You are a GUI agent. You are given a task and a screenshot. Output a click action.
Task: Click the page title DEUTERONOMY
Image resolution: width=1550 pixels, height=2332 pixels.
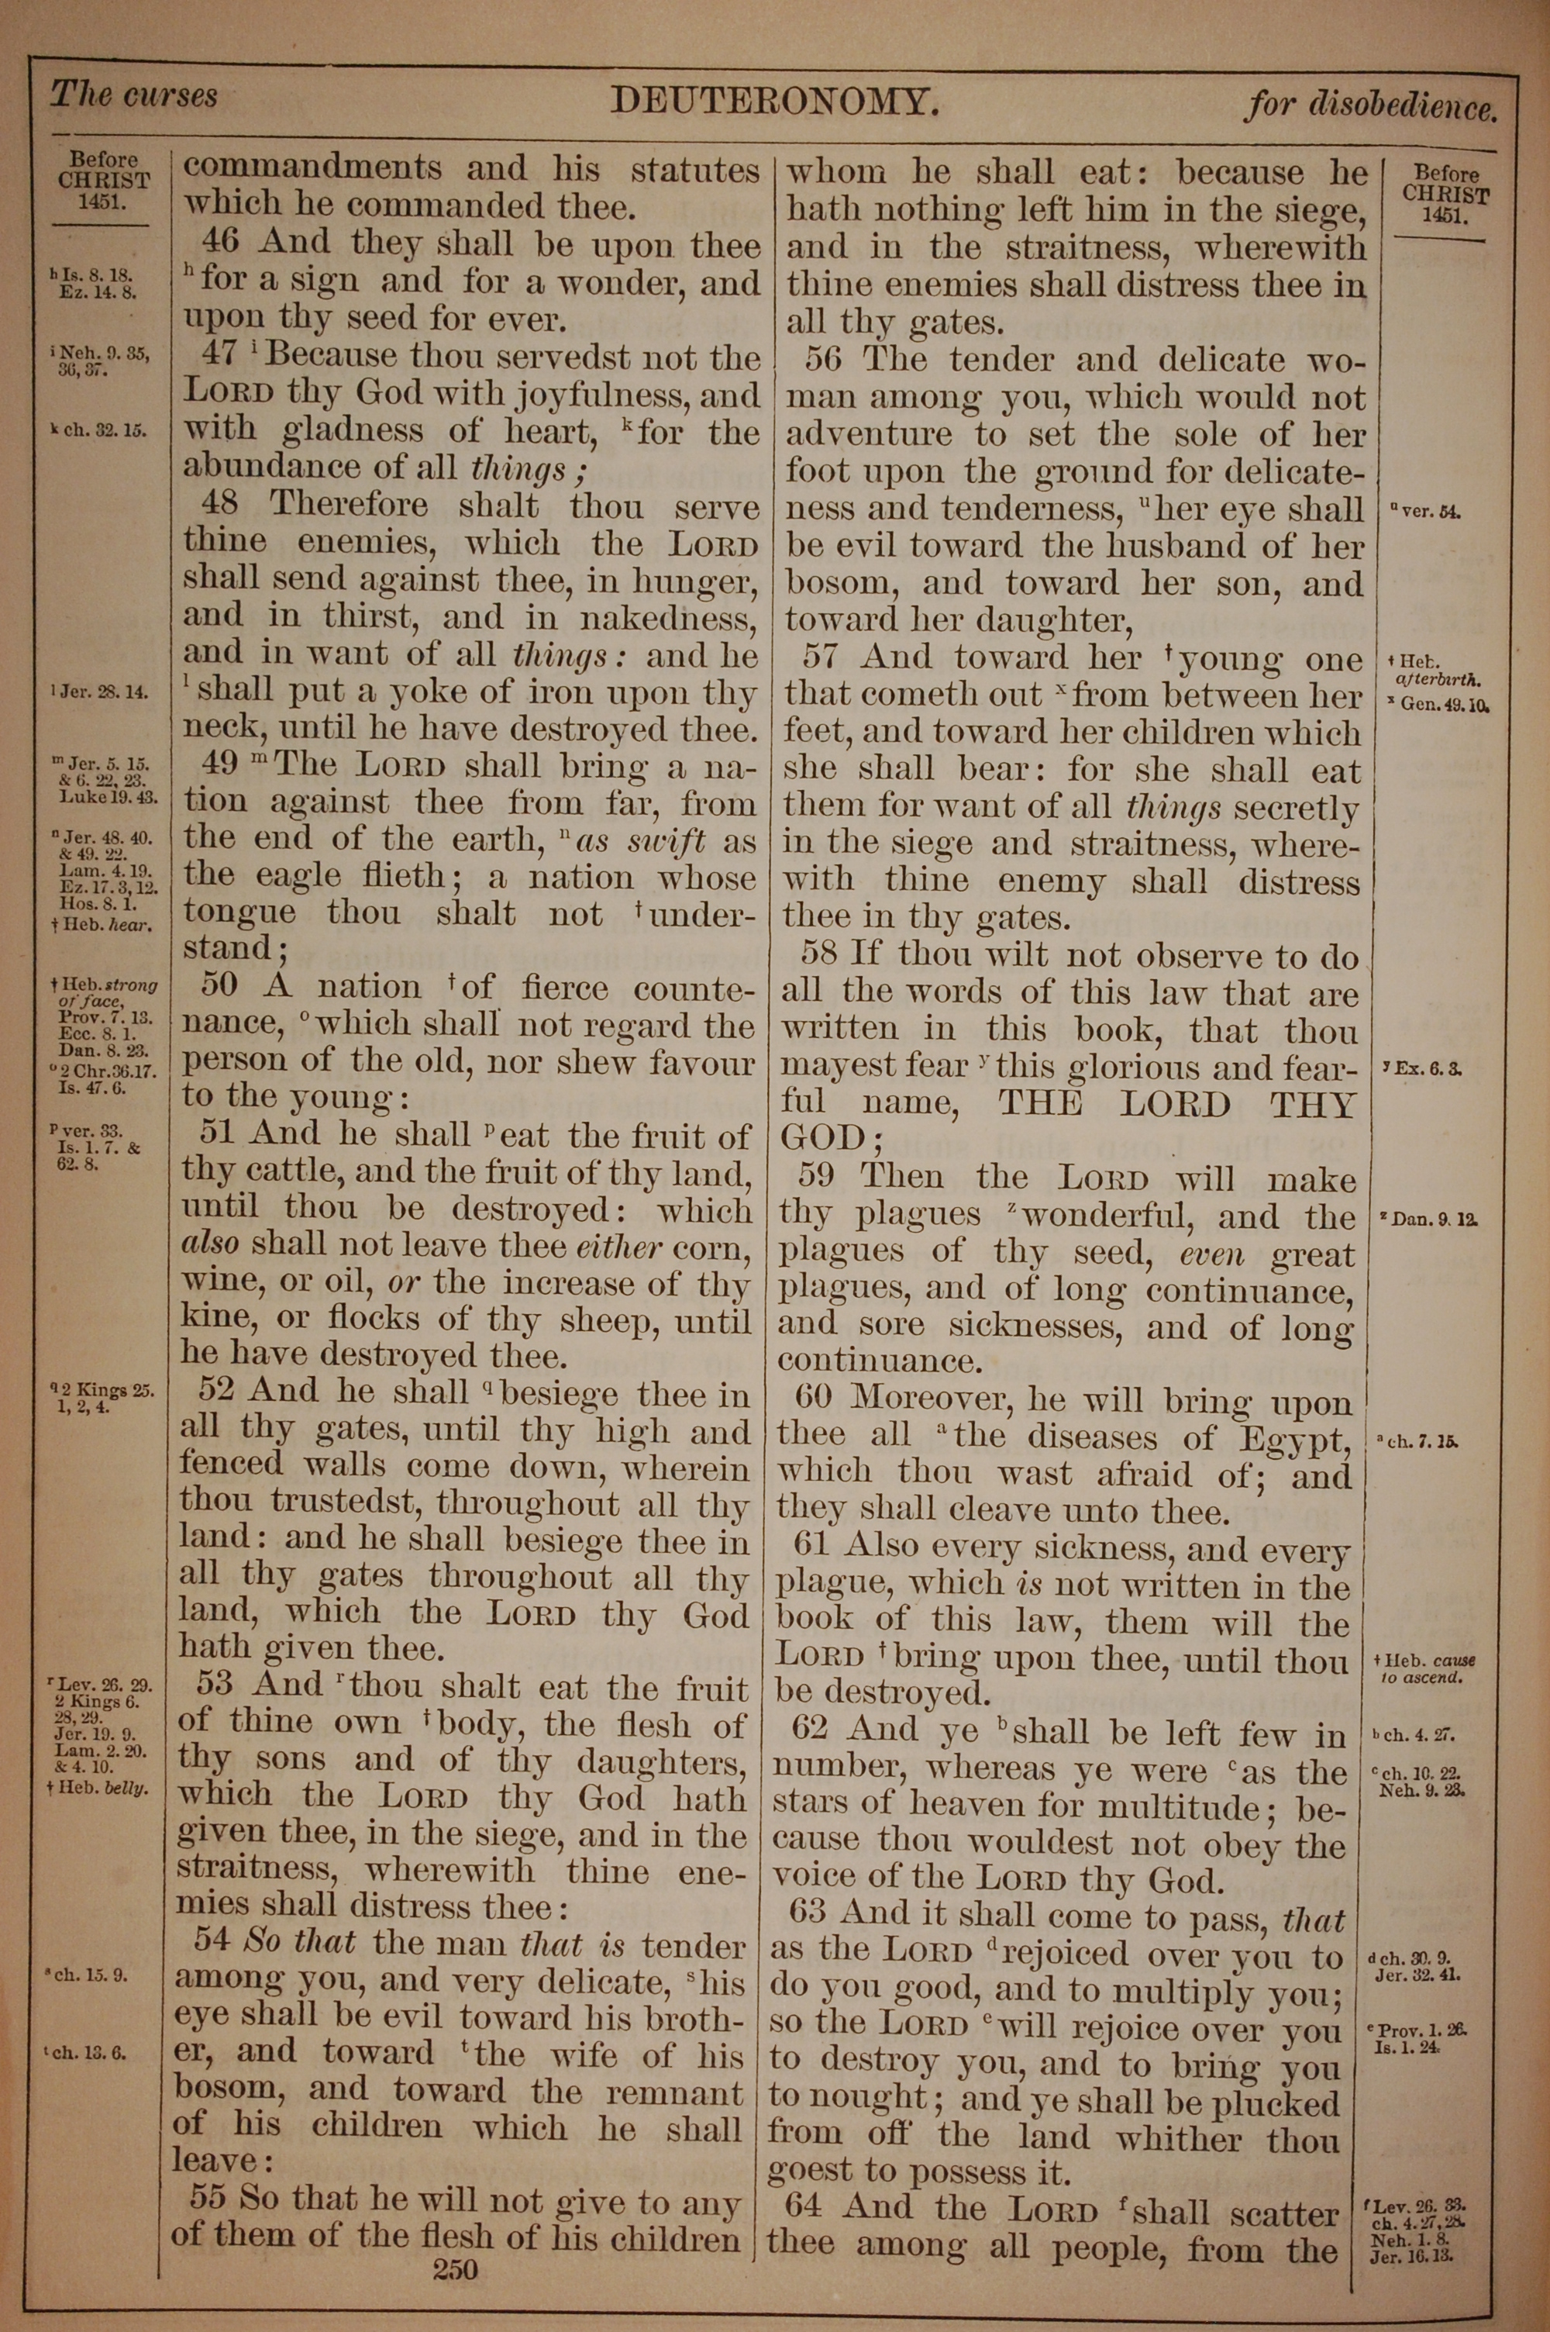(773, 101)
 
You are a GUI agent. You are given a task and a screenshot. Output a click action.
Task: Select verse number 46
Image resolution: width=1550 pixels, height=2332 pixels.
(219, 243)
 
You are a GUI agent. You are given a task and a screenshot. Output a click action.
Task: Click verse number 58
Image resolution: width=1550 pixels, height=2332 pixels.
(819, 954)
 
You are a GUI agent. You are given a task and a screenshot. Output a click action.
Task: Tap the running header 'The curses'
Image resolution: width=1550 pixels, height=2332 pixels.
(133, 96)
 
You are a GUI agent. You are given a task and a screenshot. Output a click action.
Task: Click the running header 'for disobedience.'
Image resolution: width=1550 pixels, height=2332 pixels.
(1370, 105)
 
